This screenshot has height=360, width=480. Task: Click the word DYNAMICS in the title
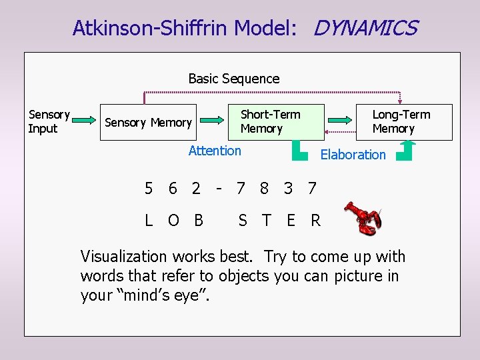click(365, 28)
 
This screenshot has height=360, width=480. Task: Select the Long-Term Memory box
click(402, 121)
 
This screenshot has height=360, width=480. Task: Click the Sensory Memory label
click(148, 123)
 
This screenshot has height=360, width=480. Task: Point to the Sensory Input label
click(49, 121)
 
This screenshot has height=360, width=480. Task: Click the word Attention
click(215, 151)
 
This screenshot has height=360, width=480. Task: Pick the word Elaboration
click(353, 155)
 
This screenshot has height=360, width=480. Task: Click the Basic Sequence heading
click(234, 79)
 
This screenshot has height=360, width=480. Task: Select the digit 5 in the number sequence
click(149, 189)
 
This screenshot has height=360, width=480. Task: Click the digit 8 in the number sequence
click(264, 189)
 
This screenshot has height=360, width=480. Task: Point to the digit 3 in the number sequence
click(288, 189)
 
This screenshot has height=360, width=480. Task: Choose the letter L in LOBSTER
click(149, 220)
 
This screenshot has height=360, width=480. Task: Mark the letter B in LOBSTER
click(198, 220)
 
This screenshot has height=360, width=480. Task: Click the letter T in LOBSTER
click(266, 220)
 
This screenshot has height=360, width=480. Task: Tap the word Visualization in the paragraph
click(123, 257)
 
